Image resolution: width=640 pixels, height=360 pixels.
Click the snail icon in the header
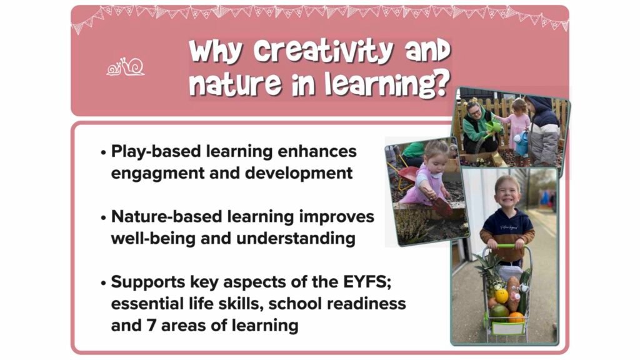click(x=125, y=67)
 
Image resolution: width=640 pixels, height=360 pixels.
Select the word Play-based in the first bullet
click(x=156, y=152)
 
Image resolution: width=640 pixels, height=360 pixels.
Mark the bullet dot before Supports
click(x=103, y=282)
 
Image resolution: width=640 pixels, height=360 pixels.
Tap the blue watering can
click(x=521, y=143)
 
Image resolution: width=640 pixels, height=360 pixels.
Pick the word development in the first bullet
click(x=298, y=173)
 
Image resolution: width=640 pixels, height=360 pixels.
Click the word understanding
click(x=296, y=239)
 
